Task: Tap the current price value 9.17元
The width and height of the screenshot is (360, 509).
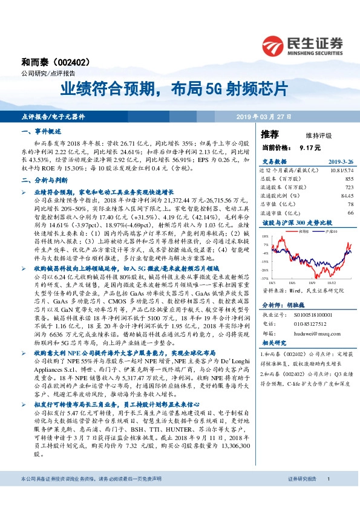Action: coord(310,148)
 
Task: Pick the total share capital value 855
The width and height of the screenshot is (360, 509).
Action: coord(349,179)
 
